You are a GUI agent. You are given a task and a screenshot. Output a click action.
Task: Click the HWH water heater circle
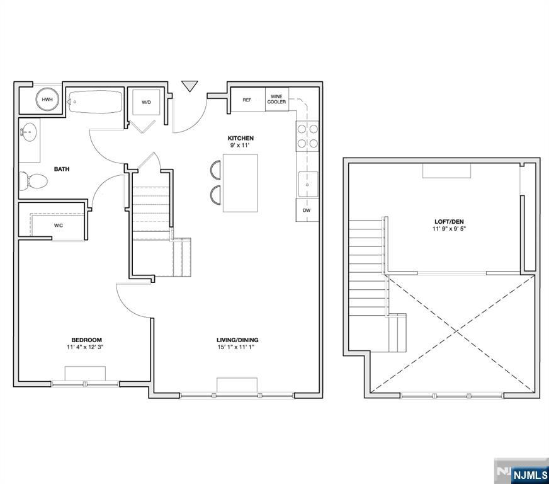(47, 99)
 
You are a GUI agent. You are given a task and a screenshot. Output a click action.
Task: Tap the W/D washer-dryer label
(146, 102)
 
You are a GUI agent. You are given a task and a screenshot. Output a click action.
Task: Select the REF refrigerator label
(247, 100)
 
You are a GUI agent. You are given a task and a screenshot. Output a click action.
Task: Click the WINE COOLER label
(276, 99)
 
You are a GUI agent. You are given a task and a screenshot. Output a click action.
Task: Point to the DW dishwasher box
(307, 210)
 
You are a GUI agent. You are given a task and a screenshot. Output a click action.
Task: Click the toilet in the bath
(33, 181)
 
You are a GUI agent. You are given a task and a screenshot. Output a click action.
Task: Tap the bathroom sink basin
(30, 132)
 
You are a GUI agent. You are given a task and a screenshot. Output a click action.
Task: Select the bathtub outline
(95, 102)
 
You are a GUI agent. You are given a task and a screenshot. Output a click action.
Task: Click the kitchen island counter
(241, 183)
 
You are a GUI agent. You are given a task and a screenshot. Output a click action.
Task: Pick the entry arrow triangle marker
(190, 86)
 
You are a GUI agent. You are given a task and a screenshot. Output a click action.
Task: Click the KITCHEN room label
(241, 138)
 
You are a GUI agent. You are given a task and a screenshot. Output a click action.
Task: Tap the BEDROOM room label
(86, 340)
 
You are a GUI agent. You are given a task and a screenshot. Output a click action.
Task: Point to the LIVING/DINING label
(237, 340)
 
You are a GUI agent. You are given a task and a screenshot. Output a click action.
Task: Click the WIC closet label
(59, 226)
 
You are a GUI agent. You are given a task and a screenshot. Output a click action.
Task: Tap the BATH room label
(62, 169)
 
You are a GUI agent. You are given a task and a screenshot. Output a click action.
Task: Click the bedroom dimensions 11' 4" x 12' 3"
(86, 347)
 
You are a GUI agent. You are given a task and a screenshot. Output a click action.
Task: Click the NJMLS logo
(522, 471)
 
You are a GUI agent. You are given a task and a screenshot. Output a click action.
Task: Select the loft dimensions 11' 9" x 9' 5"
(450, 229)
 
